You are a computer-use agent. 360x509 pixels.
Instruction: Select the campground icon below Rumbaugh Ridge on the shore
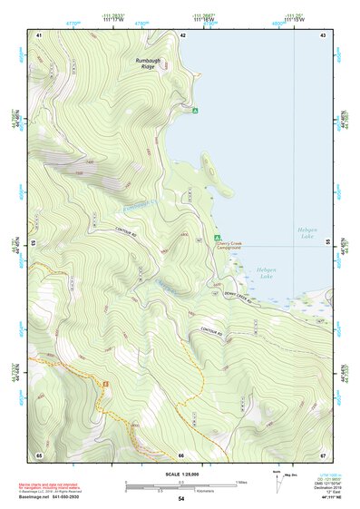pos(195,111)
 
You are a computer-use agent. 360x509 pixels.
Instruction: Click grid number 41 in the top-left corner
pos(39,34)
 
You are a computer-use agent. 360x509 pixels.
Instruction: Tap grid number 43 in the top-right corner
pos(323,34)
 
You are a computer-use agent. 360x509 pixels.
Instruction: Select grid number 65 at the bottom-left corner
pos(39,455)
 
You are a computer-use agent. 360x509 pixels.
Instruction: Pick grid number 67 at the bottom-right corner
pos(323,455)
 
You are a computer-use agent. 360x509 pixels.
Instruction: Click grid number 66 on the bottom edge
pos(181,455)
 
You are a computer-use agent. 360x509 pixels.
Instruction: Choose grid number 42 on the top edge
pos(183,34)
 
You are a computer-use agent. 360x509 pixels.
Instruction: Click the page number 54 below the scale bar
pos(180,499)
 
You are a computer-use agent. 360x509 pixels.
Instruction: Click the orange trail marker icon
pos(105,383)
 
